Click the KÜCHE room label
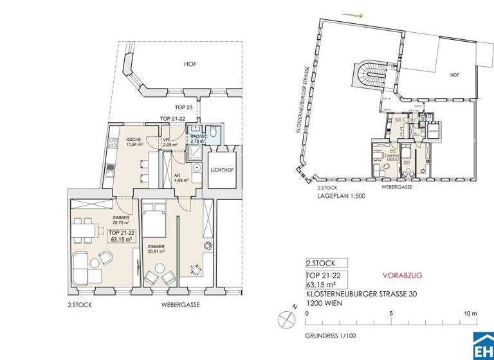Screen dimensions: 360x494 pyautogui.click(x=134, y=141)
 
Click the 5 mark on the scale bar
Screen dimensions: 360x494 pyautogui.click(x=391, y=314)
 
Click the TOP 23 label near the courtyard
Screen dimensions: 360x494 pyautogui.click(x=185, y=107)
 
